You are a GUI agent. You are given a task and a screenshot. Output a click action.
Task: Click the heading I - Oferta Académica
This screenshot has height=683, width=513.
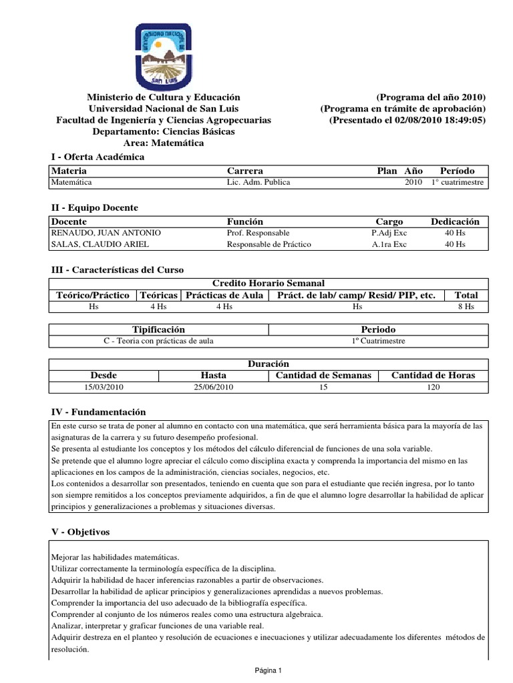click(x=98, y=157)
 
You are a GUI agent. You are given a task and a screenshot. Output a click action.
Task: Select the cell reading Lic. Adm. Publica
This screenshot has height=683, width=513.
click(x=259, y=182)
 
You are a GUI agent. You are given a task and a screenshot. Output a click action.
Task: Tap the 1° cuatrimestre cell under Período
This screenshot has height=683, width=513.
click(x=458, y=182)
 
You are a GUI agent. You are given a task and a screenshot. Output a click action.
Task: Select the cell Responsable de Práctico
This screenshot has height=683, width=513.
click(x=269, y=245)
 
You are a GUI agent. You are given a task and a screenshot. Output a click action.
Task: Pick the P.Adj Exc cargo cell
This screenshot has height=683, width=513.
click(x=389, y=233)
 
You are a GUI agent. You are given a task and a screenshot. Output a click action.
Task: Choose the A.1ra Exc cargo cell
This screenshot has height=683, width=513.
click(x=389, y=245)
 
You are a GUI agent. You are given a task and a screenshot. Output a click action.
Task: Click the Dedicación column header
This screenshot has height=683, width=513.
click(x=455, y=221)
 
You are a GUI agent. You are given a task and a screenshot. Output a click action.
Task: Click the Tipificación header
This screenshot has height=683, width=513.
click(x=158, y=329)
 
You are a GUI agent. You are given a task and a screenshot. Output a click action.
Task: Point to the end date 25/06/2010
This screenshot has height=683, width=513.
click(x=213, y=387)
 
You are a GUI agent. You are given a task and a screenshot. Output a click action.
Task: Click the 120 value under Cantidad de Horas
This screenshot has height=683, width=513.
click(x=433, y=387)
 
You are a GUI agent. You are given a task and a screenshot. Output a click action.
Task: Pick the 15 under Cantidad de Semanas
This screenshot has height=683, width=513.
click(x=323, y=387)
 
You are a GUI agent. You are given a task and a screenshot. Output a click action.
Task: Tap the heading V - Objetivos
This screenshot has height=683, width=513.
click(x=80, y=532)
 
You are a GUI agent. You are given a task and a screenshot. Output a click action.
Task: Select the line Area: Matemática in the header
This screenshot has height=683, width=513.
click(x=164, y=143)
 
